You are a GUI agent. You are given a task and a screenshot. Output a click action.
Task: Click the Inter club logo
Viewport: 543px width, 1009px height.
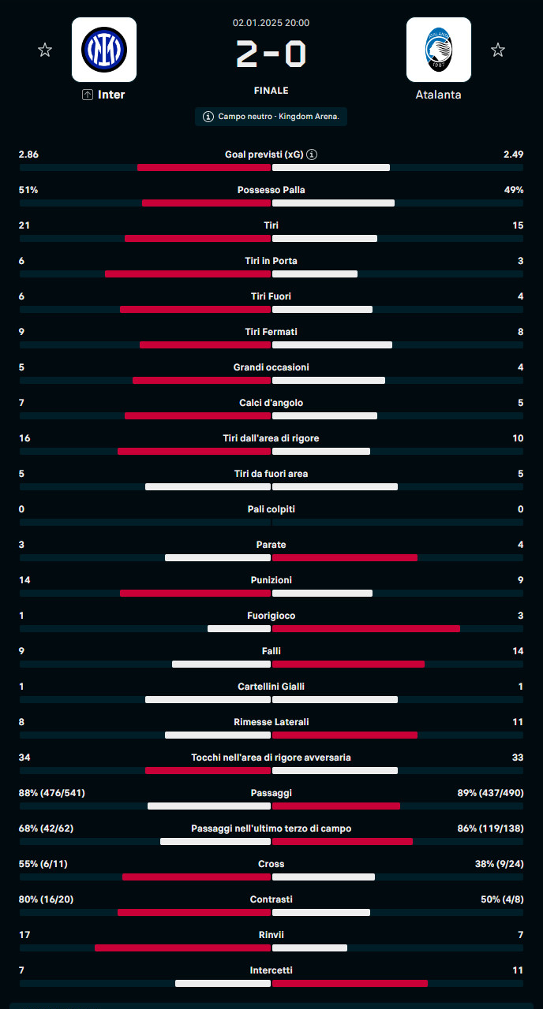(104, 50)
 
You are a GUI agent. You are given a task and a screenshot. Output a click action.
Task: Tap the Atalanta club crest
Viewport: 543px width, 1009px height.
(439, 50)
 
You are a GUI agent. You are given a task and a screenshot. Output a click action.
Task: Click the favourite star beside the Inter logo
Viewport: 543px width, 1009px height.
(45, 50)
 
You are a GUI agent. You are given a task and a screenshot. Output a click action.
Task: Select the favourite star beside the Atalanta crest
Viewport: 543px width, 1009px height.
(498, 50)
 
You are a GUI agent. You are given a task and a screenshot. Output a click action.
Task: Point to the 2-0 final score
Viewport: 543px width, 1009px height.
(271, 54)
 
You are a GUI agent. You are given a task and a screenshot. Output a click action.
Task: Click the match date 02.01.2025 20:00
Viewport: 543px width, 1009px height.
(271, 23)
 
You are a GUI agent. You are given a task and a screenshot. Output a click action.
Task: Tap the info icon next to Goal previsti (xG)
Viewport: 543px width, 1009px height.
(312, 155)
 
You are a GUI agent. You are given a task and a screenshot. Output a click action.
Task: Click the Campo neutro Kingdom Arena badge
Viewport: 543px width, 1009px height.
(271, 117)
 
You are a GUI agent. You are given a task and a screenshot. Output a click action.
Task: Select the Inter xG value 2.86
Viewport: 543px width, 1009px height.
(28, 155)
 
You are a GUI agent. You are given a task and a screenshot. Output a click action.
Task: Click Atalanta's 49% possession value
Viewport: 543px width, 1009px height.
(514, 190)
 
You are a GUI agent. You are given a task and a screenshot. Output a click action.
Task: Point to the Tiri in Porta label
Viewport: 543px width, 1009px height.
(271, 261)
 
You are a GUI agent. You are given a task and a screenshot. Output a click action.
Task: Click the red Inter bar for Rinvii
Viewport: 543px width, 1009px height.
(183, 948)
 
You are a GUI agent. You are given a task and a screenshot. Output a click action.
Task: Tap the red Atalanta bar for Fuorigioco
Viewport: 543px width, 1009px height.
(366, 628)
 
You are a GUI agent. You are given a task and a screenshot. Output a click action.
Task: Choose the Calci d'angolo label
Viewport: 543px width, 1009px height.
(271, 403)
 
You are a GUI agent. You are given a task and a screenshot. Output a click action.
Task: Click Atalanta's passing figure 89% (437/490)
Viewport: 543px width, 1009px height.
(490, 793)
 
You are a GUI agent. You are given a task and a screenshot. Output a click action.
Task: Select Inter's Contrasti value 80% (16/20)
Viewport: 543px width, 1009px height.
(46, 899)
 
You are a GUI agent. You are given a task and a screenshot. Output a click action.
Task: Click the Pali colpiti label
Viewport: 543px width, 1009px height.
(271, 509)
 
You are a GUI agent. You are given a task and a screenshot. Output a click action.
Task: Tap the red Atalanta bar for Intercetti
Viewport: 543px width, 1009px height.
(350, 983)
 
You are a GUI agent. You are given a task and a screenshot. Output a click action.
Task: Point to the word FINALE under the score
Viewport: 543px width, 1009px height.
(271, 91)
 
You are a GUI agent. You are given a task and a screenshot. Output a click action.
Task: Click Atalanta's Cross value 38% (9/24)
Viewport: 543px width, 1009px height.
(499, 864)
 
